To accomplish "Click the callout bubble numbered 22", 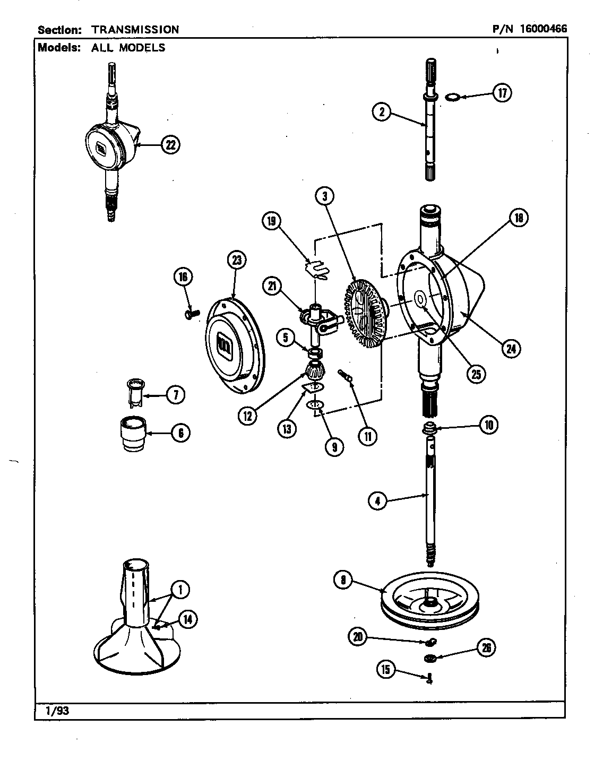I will (x=170, y=145).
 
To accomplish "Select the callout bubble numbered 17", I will (x=501, y=93).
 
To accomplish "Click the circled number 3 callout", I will (x=324, y=196).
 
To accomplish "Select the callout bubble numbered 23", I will (x=236, y=260).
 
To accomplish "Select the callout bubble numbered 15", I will (x=386, y=670).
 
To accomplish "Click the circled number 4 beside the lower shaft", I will (x=377, y=500).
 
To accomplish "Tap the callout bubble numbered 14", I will (x=187, y=619).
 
